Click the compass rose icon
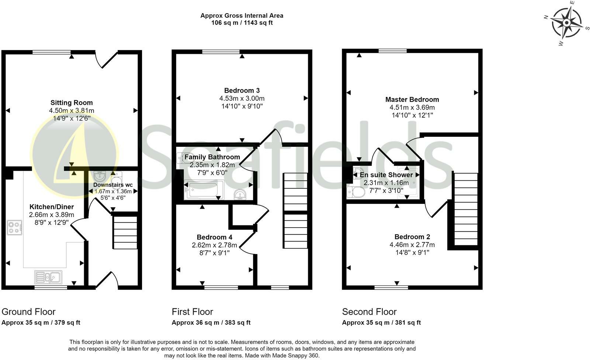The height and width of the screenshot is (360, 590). pyautogui.click(x=567, y=23)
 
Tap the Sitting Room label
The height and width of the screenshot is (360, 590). pyautogui.click(x=72, y=103)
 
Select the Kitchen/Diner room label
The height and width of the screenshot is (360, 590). pyautogui.click(x=52, y=207)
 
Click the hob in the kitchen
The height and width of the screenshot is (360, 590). pyautogui.click(x=14, y=227)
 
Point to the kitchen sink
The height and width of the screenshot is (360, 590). pyautogui.click(x=48, y=277)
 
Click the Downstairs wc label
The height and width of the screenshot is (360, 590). pyautogui.click(x=113, y=185)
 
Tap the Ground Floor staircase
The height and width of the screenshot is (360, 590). pyautogui.click(x=125, y=232)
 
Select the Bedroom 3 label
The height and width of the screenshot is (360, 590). pyautogui.click(x=242, y=90)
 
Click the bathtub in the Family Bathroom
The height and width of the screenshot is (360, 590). pyautogui.click(x=204, y=190)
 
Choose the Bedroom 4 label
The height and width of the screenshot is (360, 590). pyautogui.click(x=214, y=237)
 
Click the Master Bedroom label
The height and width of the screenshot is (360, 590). pyautogui.click(x=412, y=99)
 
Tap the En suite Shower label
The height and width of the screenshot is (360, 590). pyautogui.click(x=386, y=175)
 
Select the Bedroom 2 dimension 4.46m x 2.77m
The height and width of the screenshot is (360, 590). pyautogui.click(x=412, y=245)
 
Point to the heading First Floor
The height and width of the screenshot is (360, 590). pyautogui.click(x=192, y=312)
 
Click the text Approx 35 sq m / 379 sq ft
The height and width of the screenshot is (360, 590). pyautogui.click(x=41, y=322)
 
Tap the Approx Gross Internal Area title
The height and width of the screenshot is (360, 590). pyautogui.click(x=242, y=15)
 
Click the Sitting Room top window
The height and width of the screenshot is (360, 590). pyautogui.click(x=51, y=52)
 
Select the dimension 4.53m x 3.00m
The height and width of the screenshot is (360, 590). pyautogui.click(x=242, y=98)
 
